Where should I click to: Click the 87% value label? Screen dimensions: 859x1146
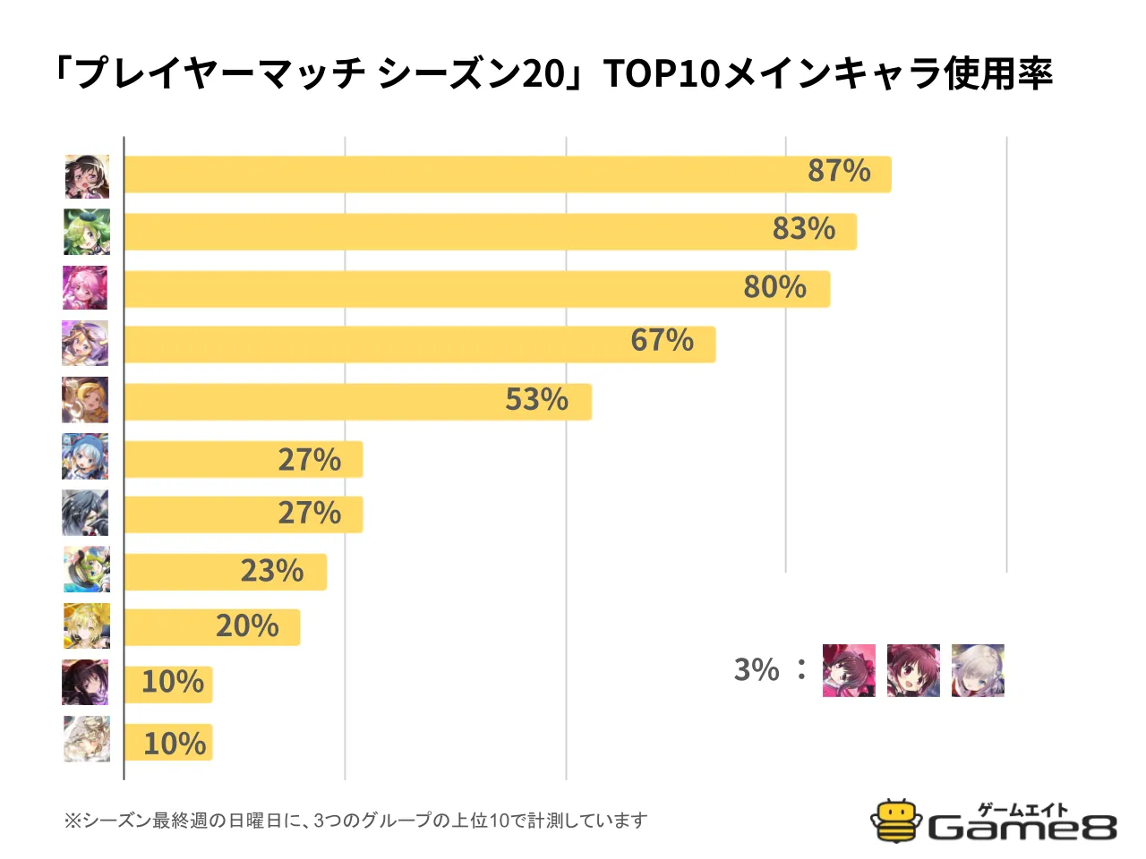tap(839, 170)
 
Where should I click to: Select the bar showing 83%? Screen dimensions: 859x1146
tap(490, 232)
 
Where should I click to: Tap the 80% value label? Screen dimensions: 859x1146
tap(774, 287)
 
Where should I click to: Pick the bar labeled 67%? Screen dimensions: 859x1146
tap(419, 344)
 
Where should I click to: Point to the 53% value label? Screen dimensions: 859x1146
tap(536, 399)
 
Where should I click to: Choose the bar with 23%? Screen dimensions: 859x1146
tap(225, 572)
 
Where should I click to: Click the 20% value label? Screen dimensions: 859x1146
tap(247, 626)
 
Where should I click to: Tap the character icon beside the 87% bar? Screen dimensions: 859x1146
tap(87, 176)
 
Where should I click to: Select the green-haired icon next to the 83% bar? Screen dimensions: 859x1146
tap(87, 232)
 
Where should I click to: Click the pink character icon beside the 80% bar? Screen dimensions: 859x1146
tap(85, 288)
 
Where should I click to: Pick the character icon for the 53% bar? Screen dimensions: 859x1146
tap(85, 400)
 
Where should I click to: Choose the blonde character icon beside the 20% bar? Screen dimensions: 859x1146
tap(87, 625)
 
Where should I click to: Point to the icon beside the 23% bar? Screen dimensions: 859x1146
tap(87, 569)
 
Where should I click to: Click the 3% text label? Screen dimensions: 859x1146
tap(757, 669)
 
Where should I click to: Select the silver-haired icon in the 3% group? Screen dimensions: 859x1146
tap(978, 670)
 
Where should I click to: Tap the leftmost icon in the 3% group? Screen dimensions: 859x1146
tap(849, 670)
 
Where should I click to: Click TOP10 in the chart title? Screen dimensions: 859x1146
tap(662, 73)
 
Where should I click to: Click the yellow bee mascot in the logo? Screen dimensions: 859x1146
tap(896, 821)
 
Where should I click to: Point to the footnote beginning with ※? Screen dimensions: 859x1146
tap(355, 821)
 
